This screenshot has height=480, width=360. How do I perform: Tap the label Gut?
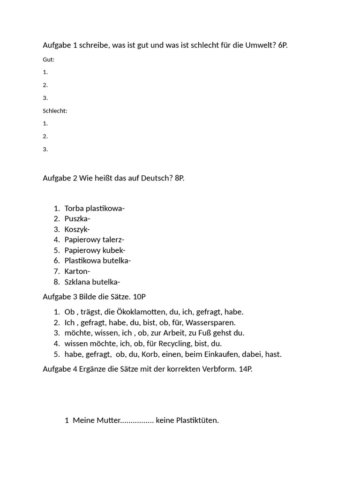click(49, 60)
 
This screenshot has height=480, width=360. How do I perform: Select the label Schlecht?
click(55, 111)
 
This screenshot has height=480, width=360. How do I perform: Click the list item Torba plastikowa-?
click(94, 209)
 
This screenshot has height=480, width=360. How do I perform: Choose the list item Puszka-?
click(77, 219)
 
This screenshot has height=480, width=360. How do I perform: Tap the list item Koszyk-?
click(77, 229)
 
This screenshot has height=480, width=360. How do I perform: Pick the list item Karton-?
click(77, 271)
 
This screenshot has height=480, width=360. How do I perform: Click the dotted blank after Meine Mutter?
click(137, 420)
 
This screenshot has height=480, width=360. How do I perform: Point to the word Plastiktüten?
click(197, 420)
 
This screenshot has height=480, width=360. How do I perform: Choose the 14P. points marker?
click(246, 369)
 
